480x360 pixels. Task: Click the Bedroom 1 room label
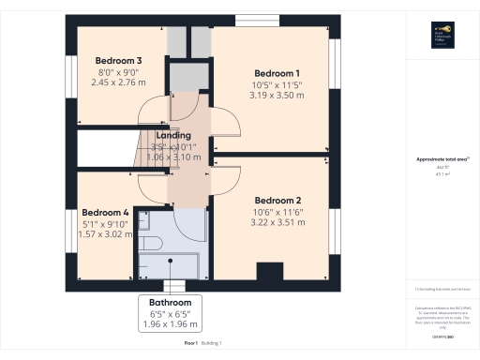[277, 73]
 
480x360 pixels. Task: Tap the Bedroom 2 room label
[277, 200]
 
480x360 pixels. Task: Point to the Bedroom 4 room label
[105, 213]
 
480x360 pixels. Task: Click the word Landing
[173, 136]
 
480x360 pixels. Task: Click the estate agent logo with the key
[442, 35]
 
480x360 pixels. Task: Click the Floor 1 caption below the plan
[191, 345]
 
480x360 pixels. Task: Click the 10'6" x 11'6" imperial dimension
[277, 211]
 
